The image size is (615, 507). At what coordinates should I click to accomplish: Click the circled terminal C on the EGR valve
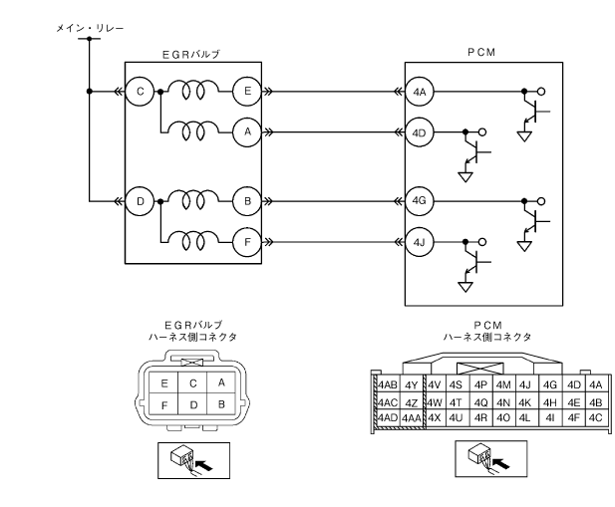[141, 92]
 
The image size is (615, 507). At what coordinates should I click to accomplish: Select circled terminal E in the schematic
[246, 92]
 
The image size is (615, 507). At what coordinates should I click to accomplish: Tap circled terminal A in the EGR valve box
[246, 130]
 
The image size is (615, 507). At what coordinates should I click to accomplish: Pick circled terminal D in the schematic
[141, 201]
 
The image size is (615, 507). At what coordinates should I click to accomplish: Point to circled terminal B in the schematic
[246, 201]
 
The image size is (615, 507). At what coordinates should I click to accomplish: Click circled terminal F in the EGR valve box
[246, 240]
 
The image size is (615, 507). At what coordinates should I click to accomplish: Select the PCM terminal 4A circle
[420, 92]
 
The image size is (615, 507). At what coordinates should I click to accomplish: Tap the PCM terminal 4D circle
[420, 130]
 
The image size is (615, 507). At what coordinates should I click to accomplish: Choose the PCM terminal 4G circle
[420, 201]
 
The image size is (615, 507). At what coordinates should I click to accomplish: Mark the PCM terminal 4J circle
[420, 240]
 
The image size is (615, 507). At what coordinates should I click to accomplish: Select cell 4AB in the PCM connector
[389, 384]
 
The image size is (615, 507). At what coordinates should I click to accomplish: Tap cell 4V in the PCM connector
[434, 384]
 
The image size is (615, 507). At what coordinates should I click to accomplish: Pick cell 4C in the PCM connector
[596, 416]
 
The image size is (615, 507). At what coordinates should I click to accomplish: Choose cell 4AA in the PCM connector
[412, 416]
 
